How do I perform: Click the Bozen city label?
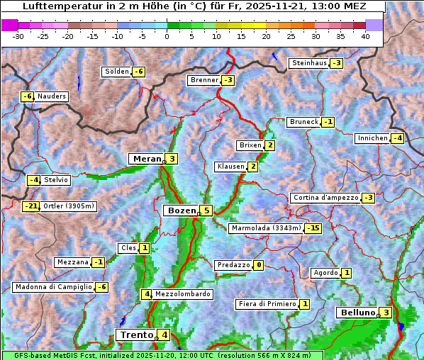pyautogui.click(x=180, y=210)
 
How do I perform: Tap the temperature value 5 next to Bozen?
pyautogui.click(x=206, y=210)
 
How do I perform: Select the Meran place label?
pyautogui.click(x=147, y=159)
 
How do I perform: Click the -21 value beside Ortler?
pyautogui.click(x=30, y=206)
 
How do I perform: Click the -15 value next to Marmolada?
pyautogui.click(x=313, y=228)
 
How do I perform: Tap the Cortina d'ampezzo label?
pyautogui.click(x=325, y=198)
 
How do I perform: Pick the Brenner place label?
pyautogui.click(x=205, y=80)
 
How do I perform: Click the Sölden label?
pyautogui.click(x=117, y=72)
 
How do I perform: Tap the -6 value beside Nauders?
pyautogui.click(x=27, y=96)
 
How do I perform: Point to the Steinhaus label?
pyautogui.click(x=309, y=63)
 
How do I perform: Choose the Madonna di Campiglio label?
pyautogui.click(x=53, y=287)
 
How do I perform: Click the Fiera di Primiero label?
pyautogui.click(x=267, y=304)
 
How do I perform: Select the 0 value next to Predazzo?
pyautogui.click(x=259, y=265)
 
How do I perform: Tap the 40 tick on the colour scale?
pyautogui.click(x=365, y=35)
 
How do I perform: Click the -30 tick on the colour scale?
pyautogui.click(x=18, y=35)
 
